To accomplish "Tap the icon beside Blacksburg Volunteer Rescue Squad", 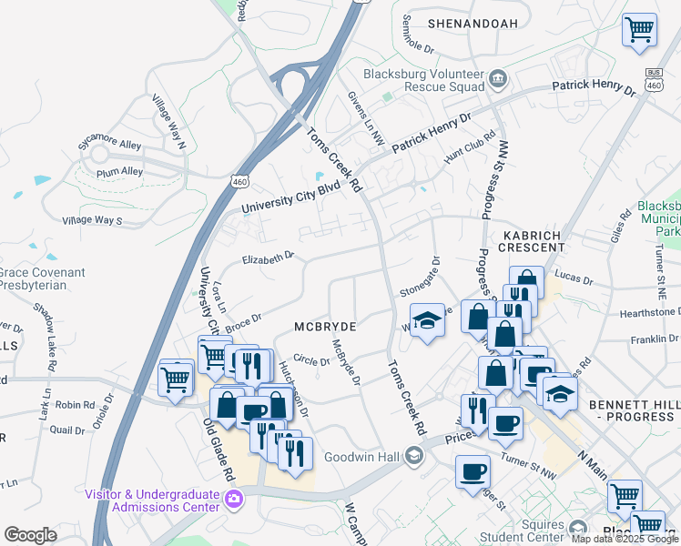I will coord(498,79).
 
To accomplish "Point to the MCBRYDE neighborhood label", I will coord(324,326).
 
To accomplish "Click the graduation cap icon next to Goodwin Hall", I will coord(413,455).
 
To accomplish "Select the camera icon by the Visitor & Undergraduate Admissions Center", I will coord(235,499).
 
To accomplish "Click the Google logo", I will coord(30,534).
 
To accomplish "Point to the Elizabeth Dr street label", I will coord(268,258).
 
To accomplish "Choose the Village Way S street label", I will coord(91,220).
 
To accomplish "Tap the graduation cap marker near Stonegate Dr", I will coord(426,320).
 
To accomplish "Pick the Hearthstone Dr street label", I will coord(645,312).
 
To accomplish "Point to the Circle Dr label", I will coord(311,361).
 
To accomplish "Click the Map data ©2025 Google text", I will coord(625,538).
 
